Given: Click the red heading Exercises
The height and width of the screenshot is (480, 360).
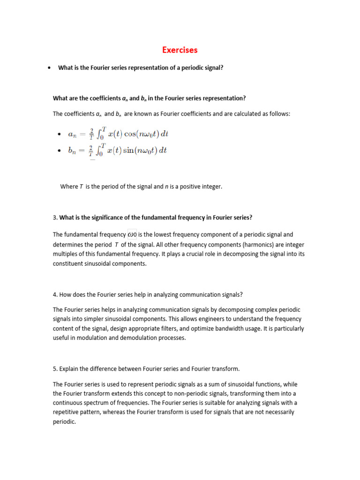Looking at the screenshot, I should point(180,50).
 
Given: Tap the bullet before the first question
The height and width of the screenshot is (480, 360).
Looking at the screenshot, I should point(49,68).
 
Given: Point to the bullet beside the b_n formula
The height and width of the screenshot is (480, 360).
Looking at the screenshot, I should point(59,151).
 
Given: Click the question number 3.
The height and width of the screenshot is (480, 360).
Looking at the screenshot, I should point(55,217).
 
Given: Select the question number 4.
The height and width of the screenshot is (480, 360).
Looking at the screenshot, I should point(55,295).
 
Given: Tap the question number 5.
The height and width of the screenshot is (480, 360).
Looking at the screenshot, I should point(55,368).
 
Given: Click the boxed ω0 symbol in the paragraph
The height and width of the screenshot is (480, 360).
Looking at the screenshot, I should point(132,234).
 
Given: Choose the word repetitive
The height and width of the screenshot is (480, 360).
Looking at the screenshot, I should point(68,412).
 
